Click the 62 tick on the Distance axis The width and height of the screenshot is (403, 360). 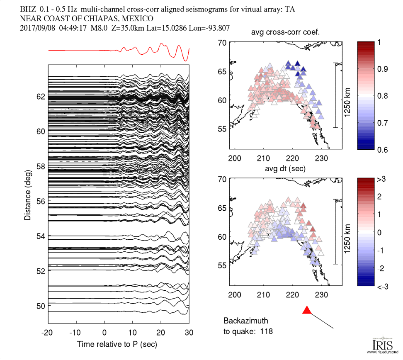pos(40,96)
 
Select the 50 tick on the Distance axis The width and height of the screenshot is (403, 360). pos(40,306)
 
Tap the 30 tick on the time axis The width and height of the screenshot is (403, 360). pos(189,333)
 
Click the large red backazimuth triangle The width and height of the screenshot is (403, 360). pos(306,310)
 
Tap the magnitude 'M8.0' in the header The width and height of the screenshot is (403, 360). pos(107,28)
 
